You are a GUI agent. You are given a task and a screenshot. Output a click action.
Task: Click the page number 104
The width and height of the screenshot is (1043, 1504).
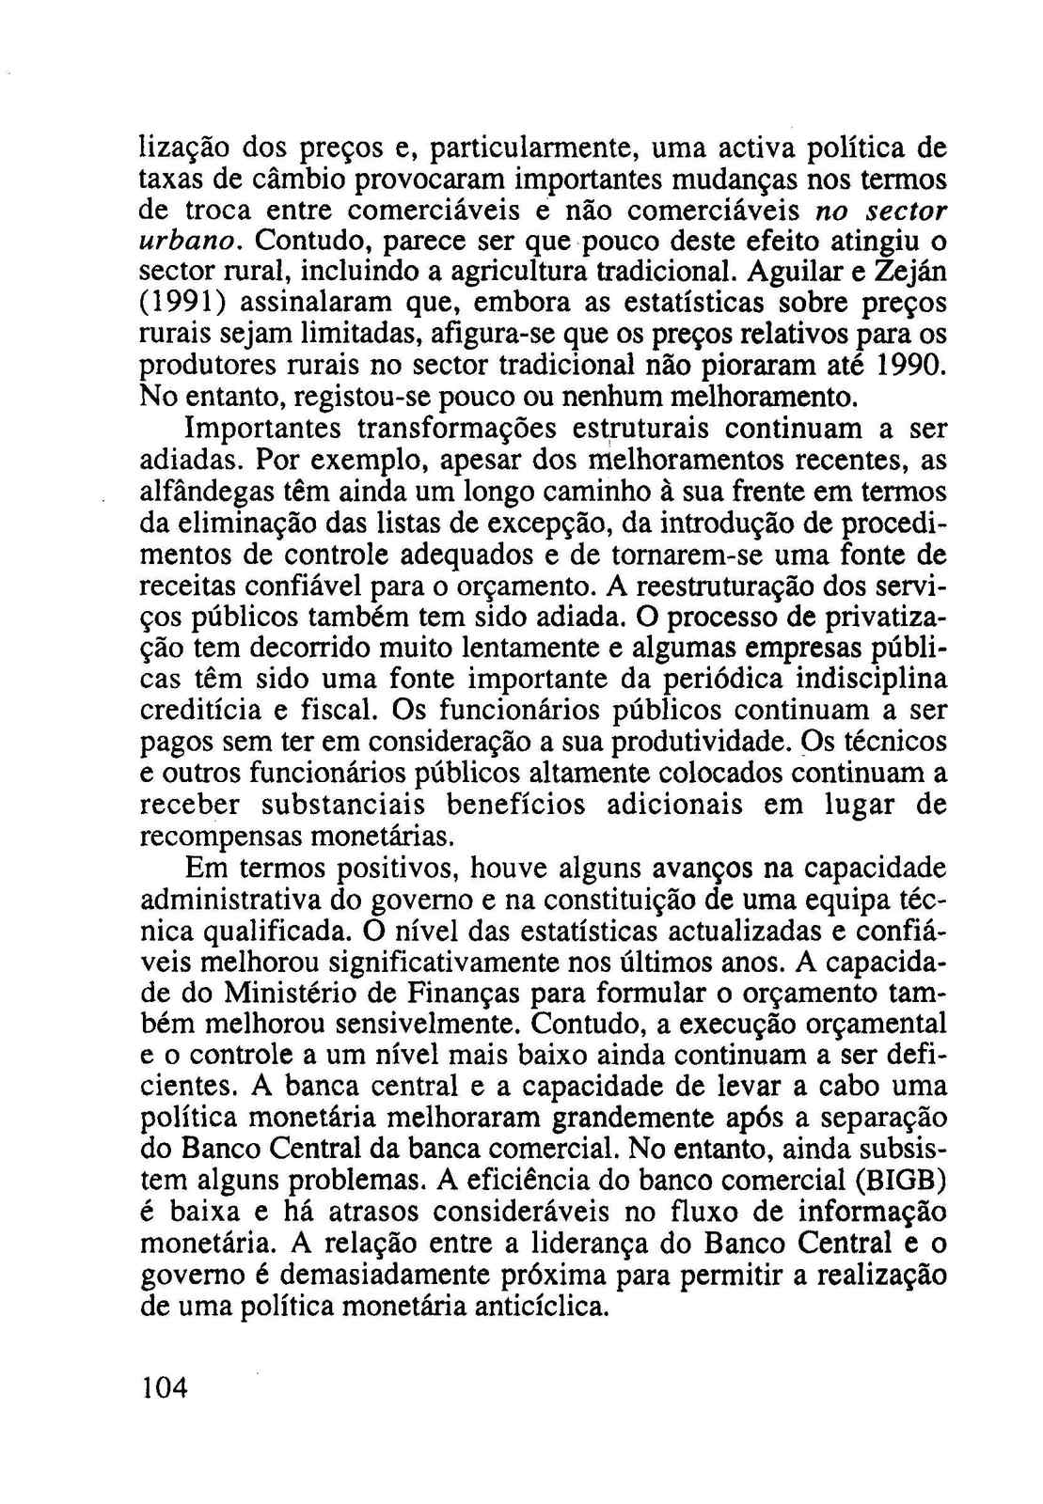coord(165,1386)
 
